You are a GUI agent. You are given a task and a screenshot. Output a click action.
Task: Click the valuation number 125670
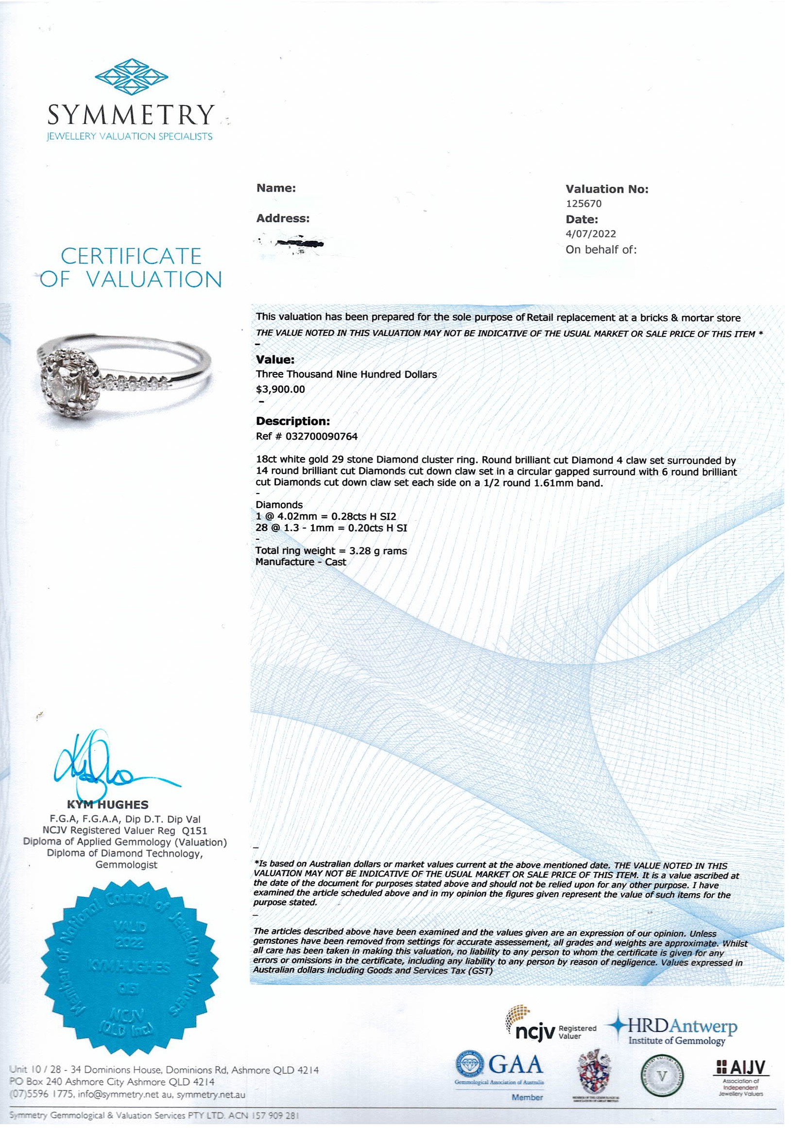click(x=583, y=203)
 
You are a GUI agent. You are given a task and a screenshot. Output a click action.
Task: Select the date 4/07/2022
click(x=591, y=234)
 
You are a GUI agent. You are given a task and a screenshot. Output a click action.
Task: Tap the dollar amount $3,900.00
click(x=280, y=389)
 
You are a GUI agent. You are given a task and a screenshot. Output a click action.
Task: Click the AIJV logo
click(x=741, y=1072)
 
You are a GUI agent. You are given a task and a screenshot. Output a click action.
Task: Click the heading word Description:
click(x=292, y=421)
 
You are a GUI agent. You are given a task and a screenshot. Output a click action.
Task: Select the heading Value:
click(x=275, y=360)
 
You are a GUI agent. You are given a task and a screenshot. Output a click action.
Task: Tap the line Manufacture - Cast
click(x=300, y=562)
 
